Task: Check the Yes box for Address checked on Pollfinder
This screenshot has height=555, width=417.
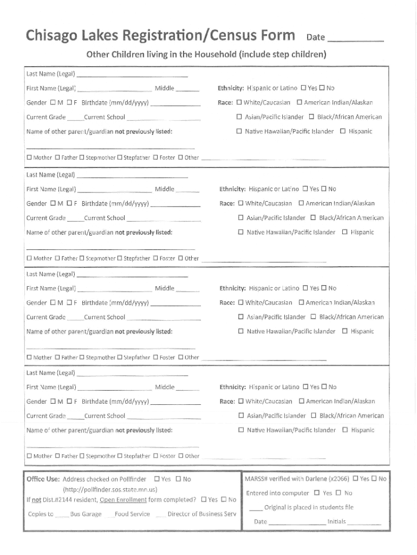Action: (x=157, y=479)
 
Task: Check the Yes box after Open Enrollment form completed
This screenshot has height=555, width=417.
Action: (x=204, y=499)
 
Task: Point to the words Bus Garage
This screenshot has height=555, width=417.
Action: (x=86, y=514)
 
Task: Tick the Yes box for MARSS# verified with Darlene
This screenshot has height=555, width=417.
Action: (x=355, y=479)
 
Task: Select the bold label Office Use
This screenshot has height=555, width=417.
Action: (x=43, y=479)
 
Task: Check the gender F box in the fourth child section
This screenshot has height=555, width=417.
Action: (x=69, y=402)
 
